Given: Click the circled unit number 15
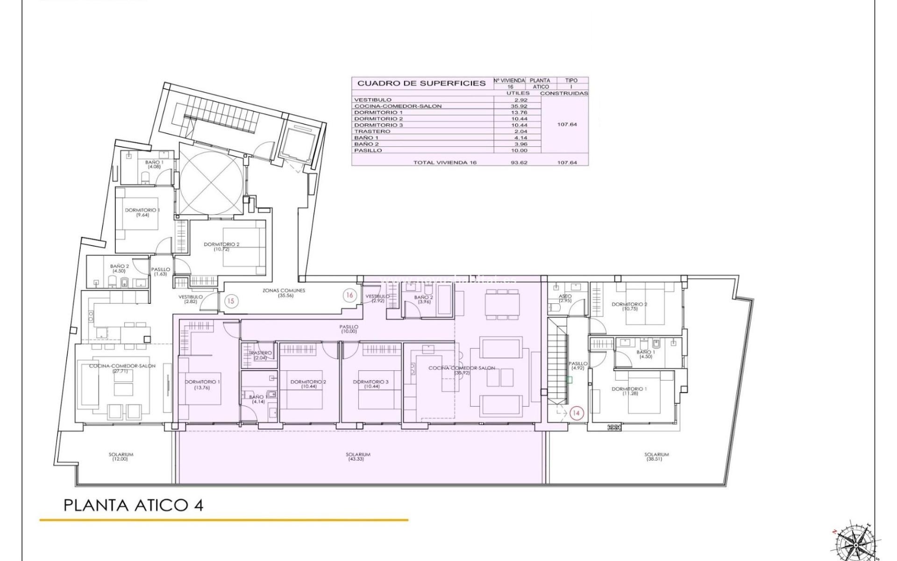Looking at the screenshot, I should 231,301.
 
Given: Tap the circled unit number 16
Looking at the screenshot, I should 349,295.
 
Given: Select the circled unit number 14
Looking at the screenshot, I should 577,413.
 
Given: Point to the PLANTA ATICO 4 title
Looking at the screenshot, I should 134,505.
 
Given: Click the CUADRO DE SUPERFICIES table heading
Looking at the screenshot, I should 421,83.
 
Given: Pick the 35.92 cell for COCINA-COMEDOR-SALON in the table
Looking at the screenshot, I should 518,106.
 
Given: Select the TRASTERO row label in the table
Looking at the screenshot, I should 372,131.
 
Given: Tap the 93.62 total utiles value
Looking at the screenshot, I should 518,162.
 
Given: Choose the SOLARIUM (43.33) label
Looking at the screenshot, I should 358,456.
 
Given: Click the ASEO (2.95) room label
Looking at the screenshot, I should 565,298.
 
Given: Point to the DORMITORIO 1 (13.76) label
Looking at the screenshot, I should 202,384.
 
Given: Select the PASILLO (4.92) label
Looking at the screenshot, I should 578,366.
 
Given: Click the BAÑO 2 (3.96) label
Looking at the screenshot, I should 424,299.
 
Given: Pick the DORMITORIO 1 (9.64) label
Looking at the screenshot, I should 142,212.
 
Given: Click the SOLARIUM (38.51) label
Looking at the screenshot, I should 656,456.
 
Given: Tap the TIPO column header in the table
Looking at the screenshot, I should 571,80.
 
